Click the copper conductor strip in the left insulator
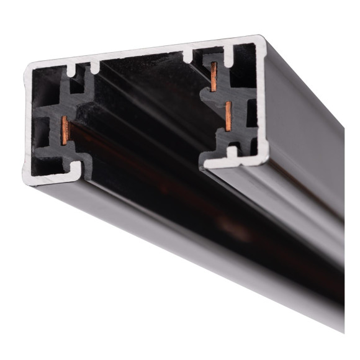(65, 128)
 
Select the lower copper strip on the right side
(228, 117)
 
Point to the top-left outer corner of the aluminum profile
(26, 65)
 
